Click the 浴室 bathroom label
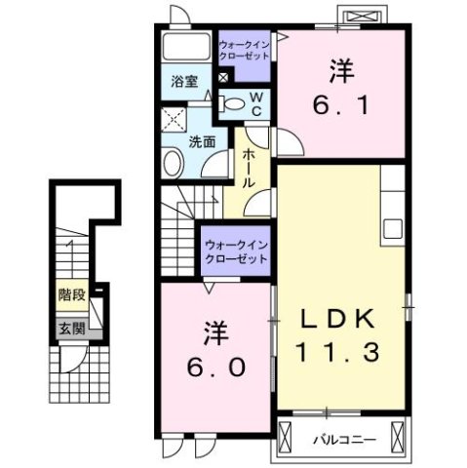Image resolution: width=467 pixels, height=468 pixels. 185,82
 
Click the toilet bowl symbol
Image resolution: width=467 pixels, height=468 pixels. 232,102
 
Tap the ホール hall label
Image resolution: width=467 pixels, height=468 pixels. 250,165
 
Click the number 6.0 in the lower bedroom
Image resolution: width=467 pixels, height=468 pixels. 217,369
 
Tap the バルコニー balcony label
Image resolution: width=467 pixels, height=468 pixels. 344,438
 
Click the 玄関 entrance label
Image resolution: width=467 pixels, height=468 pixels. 67,328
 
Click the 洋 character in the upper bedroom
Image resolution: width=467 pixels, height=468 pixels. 340,69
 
